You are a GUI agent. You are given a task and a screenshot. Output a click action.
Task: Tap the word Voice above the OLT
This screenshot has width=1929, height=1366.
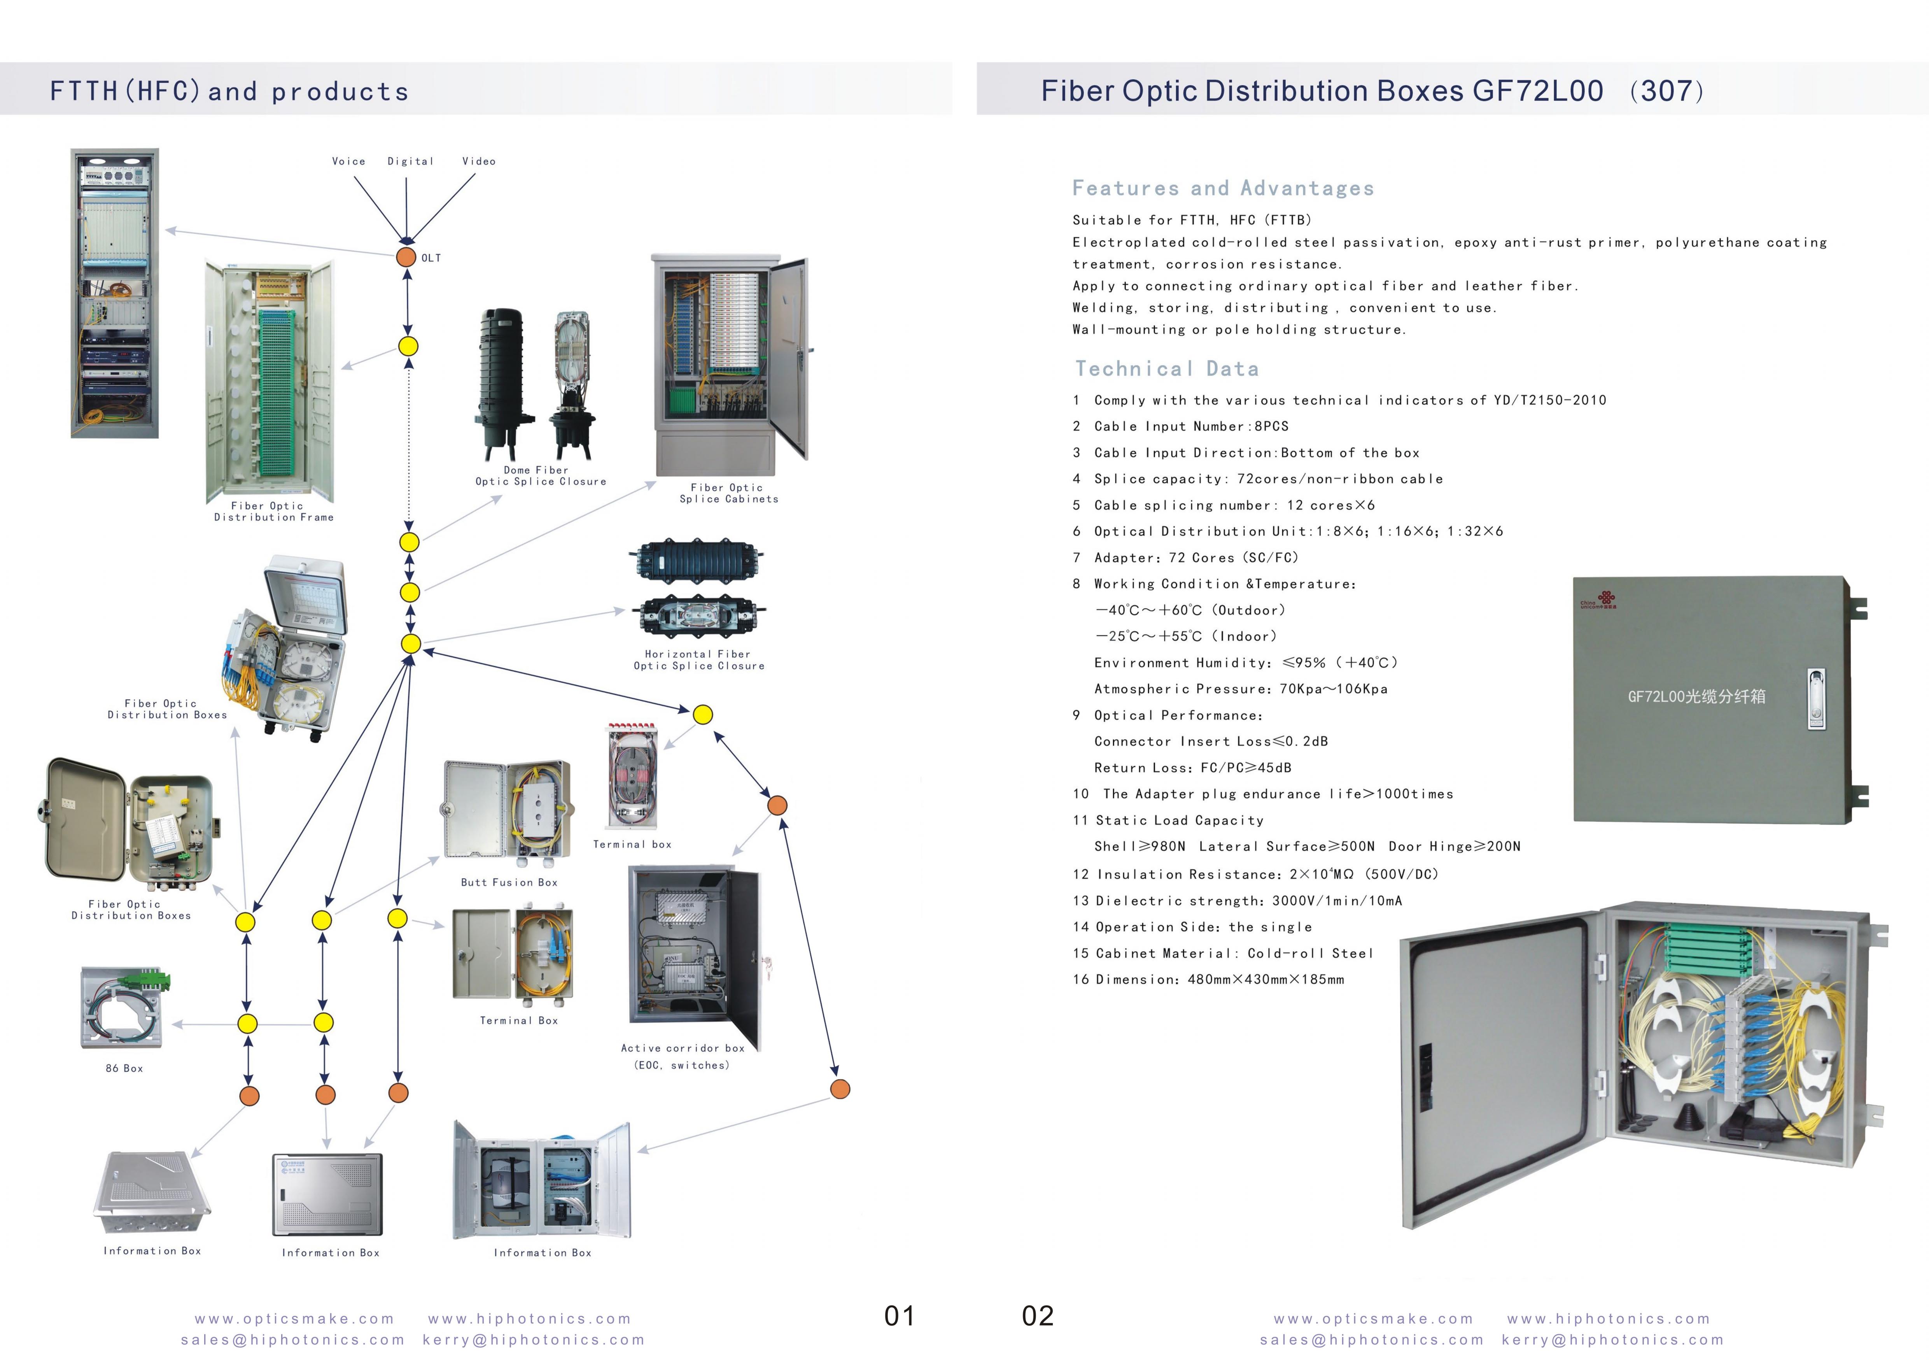[x=348, y=161]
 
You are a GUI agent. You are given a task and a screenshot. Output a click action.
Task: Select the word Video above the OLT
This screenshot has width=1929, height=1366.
[x=478, y=161]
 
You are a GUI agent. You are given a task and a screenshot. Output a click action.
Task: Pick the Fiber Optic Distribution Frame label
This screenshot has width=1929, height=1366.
[x=273, y=511]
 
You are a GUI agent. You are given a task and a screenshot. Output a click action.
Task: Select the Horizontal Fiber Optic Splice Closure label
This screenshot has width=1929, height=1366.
[x=699, y=659]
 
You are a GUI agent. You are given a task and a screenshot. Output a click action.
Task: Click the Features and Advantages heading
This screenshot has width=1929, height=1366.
[x=1223, y=188]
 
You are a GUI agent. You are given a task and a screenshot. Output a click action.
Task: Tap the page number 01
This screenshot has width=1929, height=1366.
[x=899, y=1315]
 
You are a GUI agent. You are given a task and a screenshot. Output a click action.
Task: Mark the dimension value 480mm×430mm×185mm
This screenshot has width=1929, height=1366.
[x=1266, y=979]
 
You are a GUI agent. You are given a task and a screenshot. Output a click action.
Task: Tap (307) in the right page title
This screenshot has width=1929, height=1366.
[x=1666, y=91]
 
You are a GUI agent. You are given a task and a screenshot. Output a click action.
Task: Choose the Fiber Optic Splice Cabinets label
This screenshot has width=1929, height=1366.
[x=728, y=493]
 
